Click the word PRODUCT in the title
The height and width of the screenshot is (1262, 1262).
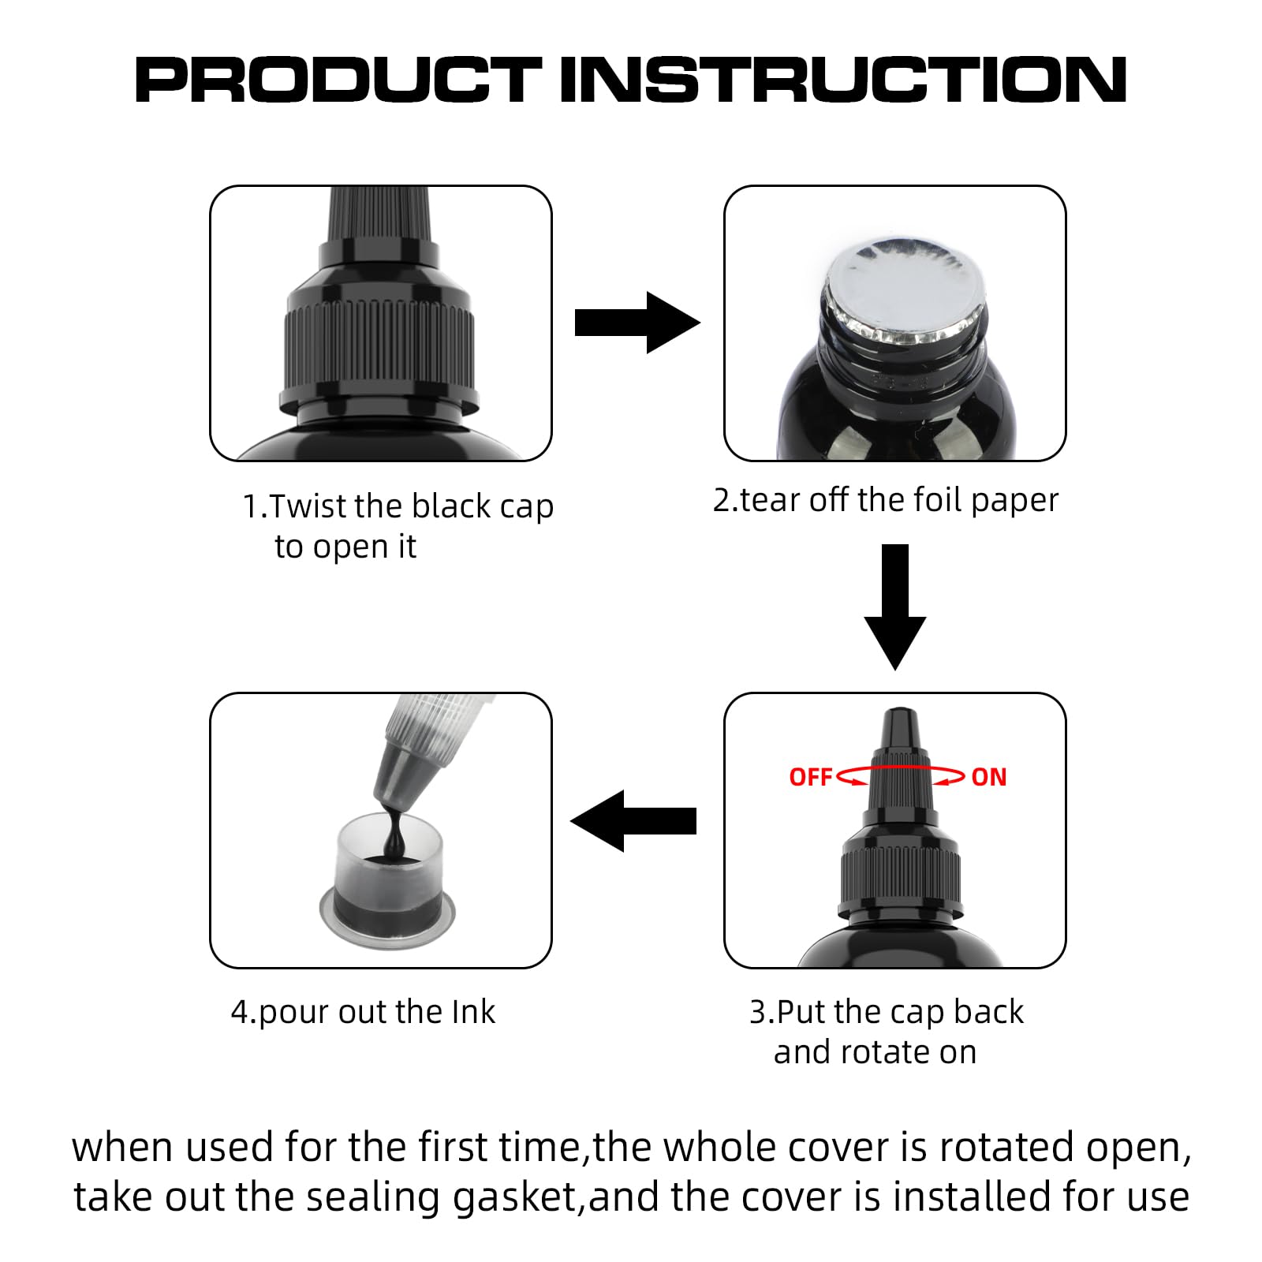[x=339, y=80]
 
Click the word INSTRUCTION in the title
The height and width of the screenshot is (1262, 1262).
[x=842, y=80]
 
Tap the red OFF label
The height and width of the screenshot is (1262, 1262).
[x=810, y=778]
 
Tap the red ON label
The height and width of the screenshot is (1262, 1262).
[x=989, y=778]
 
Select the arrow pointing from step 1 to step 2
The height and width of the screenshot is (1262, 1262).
[x=637, y=323]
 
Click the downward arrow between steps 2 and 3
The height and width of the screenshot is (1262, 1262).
[x=895, y=607]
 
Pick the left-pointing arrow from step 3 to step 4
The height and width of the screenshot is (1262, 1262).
[x=633, y=821]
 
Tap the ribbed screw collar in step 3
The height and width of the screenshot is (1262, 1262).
[x=900, y=876]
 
